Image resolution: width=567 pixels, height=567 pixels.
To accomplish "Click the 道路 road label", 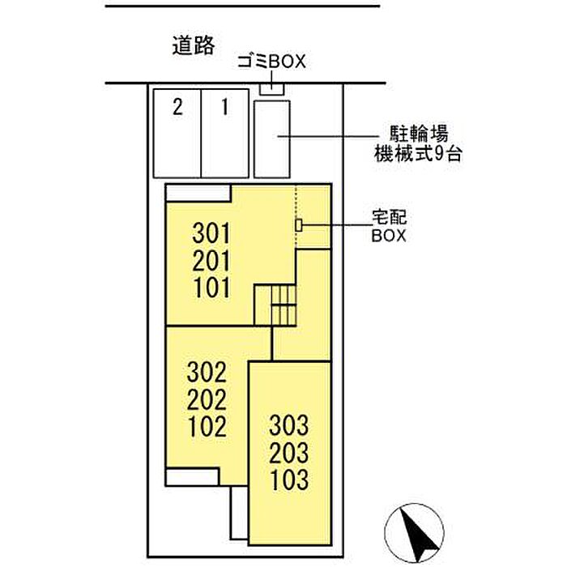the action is tap(194, 45).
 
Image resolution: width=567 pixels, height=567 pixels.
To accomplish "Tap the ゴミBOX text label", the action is tap(271, 62).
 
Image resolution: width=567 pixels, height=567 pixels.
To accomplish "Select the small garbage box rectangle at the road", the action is tap(272, 89).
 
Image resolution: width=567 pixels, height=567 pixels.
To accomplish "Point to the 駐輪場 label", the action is tap(419, 134).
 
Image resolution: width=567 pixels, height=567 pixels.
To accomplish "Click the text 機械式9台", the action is tap(418, 153).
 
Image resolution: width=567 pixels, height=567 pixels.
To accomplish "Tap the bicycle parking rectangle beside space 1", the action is tap(272, 139).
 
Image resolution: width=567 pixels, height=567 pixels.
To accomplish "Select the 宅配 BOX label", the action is tap(389, 226).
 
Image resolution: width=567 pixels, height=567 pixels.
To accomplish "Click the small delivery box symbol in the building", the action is tap(299, 225).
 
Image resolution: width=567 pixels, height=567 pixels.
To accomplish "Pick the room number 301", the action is tap(211, 233).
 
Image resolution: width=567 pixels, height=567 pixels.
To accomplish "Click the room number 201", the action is tap(211, 261).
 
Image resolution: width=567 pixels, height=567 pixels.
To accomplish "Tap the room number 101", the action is tap(212, 288).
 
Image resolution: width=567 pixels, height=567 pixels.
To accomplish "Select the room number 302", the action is tap(207, 373).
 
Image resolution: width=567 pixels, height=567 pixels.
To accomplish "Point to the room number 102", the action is tap(207, 426).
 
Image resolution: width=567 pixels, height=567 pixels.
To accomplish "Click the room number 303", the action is tap(289, 425).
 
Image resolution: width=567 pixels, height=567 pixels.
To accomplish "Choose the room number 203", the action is tap(289, 453).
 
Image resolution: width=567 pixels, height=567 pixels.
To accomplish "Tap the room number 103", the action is tap(290, 480).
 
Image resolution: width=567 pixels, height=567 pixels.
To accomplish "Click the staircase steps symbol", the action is tap(284, 305).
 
